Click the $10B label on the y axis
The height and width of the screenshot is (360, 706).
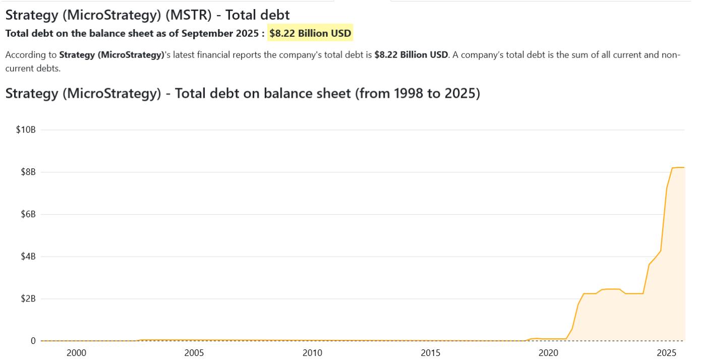point(26,130)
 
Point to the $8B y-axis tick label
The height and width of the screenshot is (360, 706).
point(28,172)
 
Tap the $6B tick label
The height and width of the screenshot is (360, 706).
point(28,214)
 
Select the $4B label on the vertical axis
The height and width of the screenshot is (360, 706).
point(28,257)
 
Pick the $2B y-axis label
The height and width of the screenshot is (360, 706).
point(28,298)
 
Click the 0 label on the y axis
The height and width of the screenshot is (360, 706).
point(33,341)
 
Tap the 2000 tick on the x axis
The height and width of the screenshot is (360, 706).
point(76,353)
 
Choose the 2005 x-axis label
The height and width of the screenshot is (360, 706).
point(194,353)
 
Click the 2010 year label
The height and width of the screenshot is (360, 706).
point(312,353)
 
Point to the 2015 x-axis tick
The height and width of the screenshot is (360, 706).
point(430,353)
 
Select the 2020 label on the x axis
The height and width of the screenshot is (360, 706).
point(548,353)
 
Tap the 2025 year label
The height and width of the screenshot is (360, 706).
point(666,353)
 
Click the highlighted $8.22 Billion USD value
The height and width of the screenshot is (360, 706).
point(310,34)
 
